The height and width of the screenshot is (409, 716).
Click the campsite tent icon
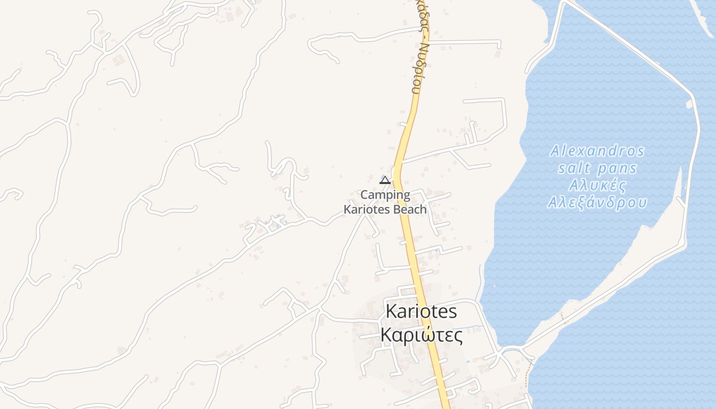click(x=385, y=180)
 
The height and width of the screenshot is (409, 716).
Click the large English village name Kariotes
click(x=421, y=311)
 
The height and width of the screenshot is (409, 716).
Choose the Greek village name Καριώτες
click(x=421, y=336)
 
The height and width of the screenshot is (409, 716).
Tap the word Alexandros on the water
click(x=597, y=151)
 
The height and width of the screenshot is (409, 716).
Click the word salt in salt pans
click(x=574, y=168)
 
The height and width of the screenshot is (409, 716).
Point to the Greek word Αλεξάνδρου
click(x=597, y=202)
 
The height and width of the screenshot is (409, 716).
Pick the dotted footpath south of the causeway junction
click(x=529, y=373)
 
